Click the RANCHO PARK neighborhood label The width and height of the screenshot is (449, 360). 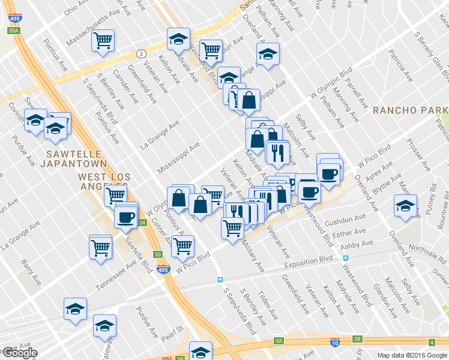[409, 110]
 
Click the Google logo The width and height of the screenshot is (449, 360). [19, 353]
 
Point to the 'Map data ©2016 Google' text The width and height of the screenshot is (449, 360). [412, 355]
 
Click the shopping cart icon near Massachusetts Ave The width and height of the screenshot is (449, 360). [103, 41]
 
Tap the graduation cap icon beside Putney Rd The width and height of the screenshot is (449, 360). [406, 206]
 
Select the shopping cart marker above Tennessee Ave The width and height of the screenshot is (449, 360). [101, 246]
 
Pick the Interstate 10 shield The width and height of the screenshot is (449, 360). [334, 342]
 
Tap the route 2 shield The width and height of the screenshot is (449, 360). [140, 53]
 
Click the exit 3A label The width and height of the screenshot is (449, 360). [279, 341]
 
